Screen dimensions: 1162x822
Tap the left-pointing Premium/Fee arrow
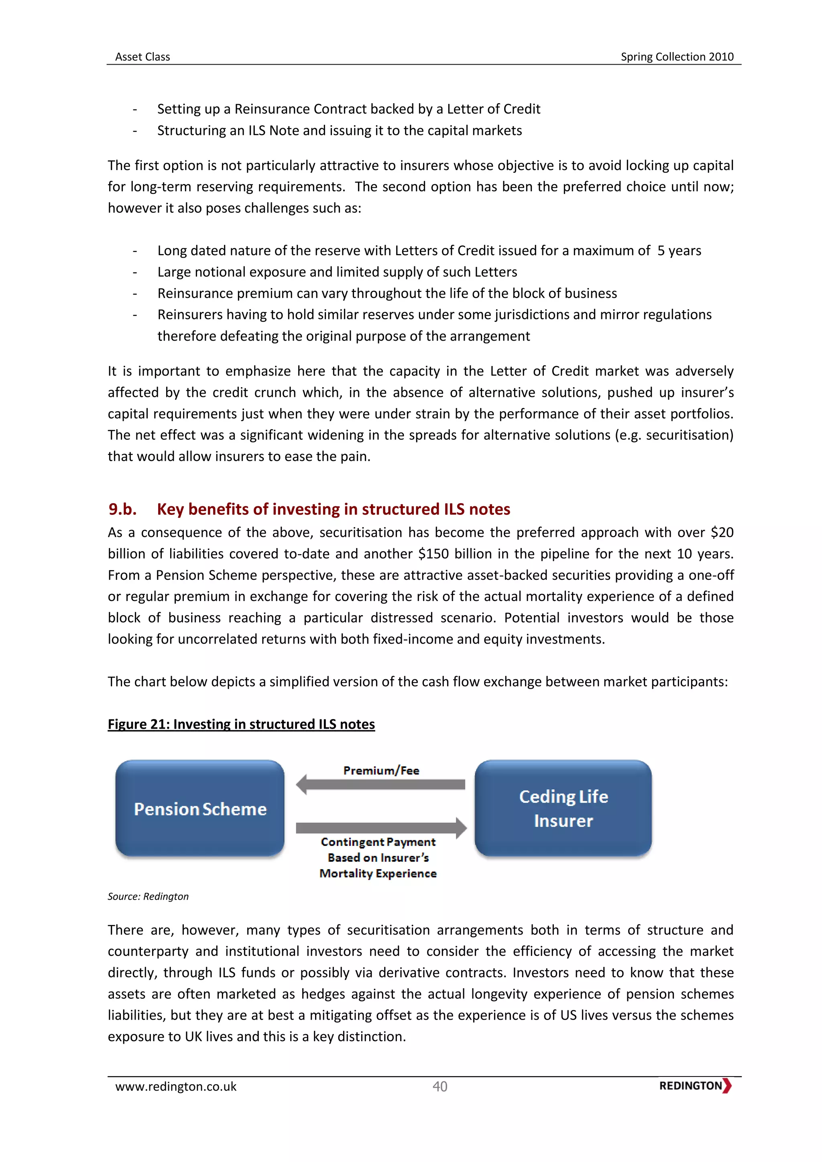(x=380, y=784)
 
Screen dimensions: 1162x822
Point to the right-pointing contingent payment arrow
(x=380, y=828)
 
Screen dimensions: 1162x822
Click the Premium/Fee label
(x=381, y=770)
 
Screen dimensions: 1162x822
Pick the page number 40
(x=439, y=1087)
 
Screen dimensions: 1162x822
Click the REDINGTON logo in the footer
(x=694, y=1086)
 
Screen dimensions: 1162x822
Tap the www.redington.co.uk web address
(x=176, y=1087)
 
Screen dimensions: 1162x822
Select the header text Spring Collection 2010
(x=677, y=57)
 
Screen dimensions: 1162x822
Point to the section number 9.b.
(x=122, y=509)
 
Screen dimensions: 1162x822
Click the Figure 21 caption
(x=241, y=724)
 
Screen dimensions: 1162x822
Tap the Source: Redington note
(x=148, y=896)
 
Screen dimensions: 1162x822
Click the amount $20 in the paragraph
(x=722, y=532)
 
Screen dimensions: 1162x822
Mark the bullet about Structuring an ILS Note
(x=339, y=130)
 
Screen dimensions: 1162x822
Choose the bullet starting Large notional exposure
(x=337, y=272)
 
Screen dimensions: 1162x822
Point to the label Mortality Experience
(x=378, y=874)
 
